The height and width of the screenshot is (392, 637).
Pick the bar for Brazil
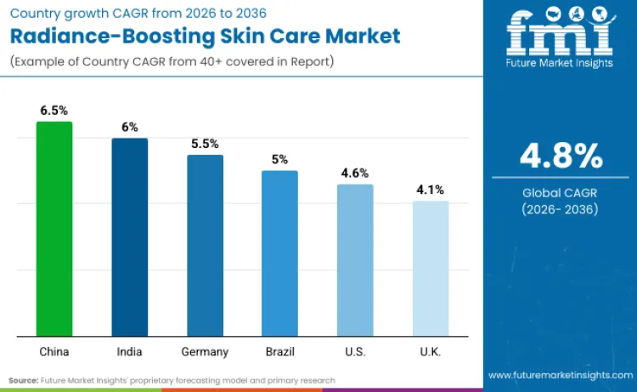(x=279, y=253)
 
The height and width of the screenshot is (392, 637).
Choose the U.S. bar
(x=354, y=259)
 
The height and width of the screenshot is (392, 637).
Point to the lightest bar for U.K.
(x=430, y=268)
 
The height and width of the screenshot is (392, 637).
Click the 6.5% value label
(x=54, y=111)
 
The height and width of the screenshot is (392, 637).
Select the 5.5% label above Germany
(x=205, y=144)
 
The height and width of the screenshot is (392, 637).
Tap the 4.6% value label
(x=354, y=173)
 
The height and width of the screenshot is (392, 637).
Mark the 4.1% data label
(x=430, y=190)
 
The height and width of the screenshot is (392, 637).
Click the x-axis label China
(x=54, y=351)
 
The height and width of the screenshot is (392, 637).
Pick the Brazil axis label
(x=279, y=351)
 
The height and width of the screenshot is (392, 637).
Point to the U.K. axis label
(x=430, y=351)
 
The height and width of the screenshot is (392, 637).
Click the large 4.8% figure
(x=561, y=156)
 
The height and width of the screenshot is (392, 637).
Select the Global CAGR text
(x=561, y=193)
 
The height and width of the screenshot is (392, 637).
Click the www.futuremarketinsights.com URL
(x=561, y=374)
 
